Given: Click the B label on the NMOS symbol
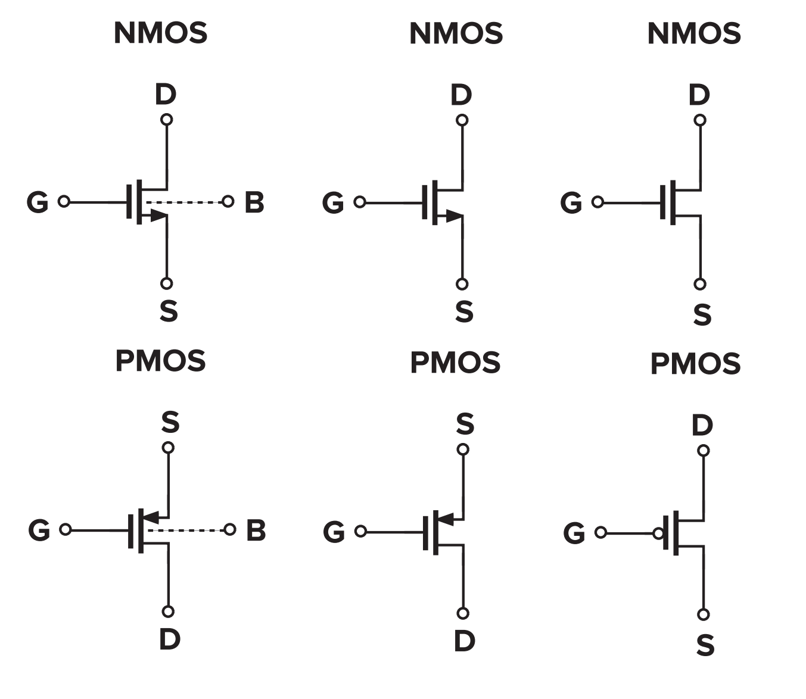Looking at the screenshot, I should (x=254, y=202).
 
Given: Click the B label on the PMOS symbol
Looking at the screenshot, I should (x=256, y=531).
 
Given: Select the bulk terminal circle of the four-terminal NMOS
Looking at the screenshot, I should (x=228, y=202).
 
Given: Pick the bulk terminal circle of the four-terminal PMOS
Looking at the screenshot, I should (x=230, y=529).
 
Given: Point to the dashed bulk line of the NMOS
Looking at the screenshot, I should (x=188, y=202).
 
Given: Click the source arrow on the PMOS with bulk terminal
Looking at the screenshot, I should (x=153, y=516).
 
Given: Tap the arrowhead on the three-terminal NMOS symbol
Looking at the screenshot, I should (x=454, y=217).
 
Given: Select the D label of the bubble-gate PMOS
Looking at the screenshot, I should (x=702, y=425).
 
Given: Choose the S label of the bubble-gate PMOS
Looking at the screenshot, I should (x=705, y=645).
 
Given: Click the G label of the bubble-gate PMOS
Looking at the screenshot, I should (x=574, y=533).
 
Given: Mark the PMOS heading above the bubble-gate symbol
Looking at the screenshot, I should (x=695, y=364).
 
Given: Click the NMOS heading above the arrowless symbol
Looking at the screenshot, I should (x=694, y=33).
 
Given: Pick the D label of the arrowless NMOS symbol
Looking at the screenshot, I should (x=699, y=95).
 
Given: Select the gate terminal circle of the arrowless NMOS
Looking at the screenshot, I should (x=598, y=202).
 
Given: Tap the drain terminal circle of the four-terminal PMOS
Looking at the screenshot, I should (x=168, y=611).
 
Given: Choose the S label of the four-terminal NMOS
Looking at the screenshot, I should (x=169, y=311).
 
